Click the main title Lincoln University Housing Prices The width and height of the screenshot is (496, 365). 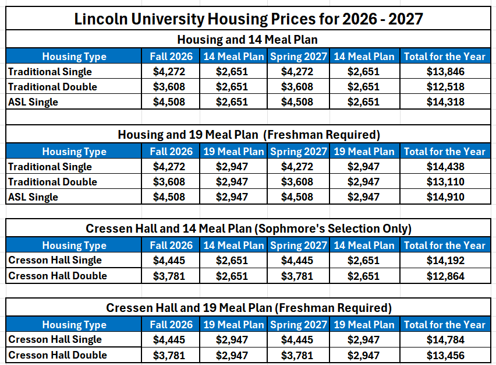point(249,19)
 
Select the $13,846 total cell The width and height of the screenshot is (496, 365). point(445,72)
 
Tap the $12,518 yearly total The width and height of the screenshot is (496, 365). point(445,87)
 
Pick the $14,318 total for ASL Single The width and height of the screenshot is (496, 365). point(445,102)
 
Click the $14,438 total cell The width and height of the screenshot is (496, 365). point(445,167)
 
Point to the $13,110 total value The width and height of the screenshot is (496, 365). point(445,182)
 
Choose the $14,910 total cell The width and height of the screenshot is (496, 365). point(445,197)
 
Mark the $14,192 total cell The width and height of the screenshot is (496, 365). point(445,261)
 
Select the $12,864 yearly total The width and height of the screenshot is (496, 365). point(445,276)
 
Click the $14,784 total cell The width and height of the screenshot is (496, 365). point(445,340)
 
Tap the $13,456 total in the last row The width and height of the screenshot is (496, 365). point(445,355)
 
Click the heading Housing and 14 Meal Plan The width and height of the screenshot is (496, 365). point(249,40)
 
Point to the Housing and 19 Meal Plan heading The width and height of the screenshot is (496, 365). point(249,135)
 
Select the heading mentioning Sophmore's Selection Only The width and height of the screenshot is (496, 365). point(249,228)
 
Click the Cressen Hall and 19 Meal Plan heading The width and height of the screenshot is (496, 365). point(249,307)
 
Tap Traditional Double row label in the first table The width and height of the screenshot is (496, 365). point(52,87)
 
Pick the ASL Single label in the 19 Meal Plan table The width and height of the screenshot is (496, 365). point(33,197)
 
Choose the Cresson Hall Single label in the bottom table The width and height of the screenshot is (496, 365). point(55,339)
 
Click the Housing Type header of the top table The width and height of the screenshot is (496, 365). point(74,57)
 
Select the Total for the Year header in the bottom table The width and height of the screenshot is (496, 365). point(445,325)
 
